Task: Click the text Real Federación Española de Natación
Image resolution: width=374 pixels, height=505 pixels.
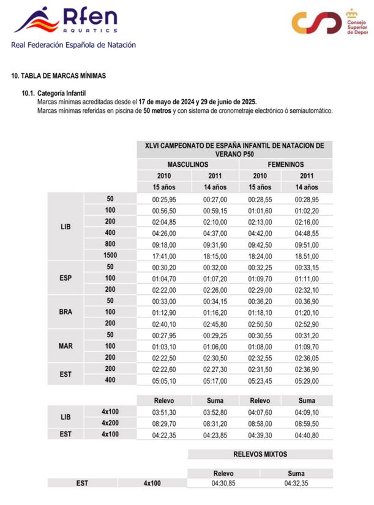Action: pyautogui.click(x=73, y=45)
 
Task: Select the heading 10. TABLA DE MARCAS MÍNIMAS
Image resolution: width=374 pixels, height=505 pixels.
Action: pyautogui.click(x=59, y=76)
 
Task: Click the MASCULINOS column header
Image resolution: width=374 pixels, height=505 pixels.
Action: pyautogui.click(x=187, y=165)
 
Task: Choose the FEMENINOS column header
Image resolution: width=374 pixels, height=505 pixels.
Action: pyautogui.click(x=285, y=165)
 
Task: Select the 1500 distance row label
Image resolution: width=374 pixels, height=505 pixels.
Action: pyautogui.click(x=110, y=255)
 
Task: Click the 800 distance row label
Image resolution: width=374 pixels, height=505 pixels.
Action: pyautogui.click(x=110, y=244)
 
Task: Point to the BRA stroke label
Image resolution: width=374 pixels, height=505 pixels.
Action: pyautogui.click(x=66, y=311)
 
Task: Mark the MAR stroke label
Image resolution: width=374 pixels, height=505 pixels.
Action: pyautogui.click(x=66, y=346)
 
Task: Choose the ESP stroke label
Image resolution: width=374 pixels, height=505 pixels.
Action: pyautogui.click(x=66, y=278)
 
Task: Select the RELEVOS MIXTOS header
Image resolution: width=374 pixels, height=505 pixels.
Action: pyautogui.click(x=260, y=455)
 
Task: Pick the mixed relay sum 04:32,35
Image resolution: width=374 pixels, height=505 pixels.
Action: pyautogui.click(x=296, y=484)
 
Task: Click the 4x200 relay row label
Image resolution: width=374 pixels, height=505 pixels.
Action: pyautogui.click(x=110, y=423)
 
